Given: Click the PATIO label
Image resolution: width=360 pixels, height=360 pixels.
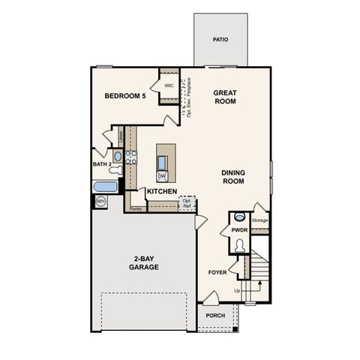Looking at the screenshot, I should coord(220,40).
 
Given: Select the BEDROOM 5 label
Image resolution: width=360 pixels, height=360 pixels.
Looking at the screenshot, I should coord(125,96).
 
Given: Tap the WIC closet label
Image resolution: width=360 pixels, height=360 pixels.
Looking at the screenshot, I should coord(169,86).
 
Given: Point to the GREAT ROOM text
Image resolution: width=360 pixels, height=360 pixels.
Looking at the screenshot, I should coord(225,97).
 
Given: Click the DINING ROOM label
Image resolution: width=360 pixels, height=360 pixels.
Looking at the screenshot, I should coord(233,176).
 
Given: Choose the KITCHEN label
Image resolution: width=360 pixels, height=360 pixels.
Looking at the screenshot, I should coord(161,192).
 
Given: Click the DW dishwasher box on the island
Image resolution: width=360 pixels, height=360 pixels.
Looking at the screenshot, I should coord(162,176).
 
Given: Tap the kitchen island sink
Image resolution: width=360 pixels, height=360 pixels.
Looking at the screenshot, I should coord(162,162).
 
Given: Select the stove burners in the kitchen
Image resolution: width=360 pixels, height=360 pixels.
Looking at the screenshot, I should coord(130,157).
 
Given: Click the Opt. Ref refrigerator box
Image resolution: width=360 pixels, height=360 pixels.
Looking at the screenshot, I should coord(187,203).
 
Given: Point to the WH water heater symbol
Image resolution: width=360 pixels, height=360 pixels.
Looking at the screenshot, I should coord(100,201).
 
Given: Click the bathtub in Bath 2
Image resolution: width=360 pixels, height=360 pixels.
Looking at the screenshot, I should coord(105,185).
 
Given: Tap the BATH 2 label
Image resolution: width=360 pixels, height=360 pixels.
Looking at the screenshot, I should coord(102,163).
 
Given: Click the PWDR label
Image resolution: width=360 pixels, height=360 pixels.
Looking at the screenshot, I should coord(239,230).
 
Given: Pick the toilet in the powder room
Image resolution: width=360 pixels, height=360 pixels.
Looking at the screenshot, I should coord(240,244).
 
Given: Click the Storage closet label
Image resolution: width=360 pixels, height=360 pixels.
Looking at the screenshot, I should coord(259,220).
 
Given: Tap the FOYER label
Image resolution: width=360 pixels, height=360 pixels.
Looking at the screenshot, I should coord(217,272).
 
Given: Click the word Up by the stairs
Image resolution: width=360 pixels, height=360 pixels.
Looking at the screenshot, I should coord(238,289).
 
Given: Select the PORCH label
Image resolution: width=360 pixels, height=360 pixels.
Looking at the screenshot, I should coord(215,316).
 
